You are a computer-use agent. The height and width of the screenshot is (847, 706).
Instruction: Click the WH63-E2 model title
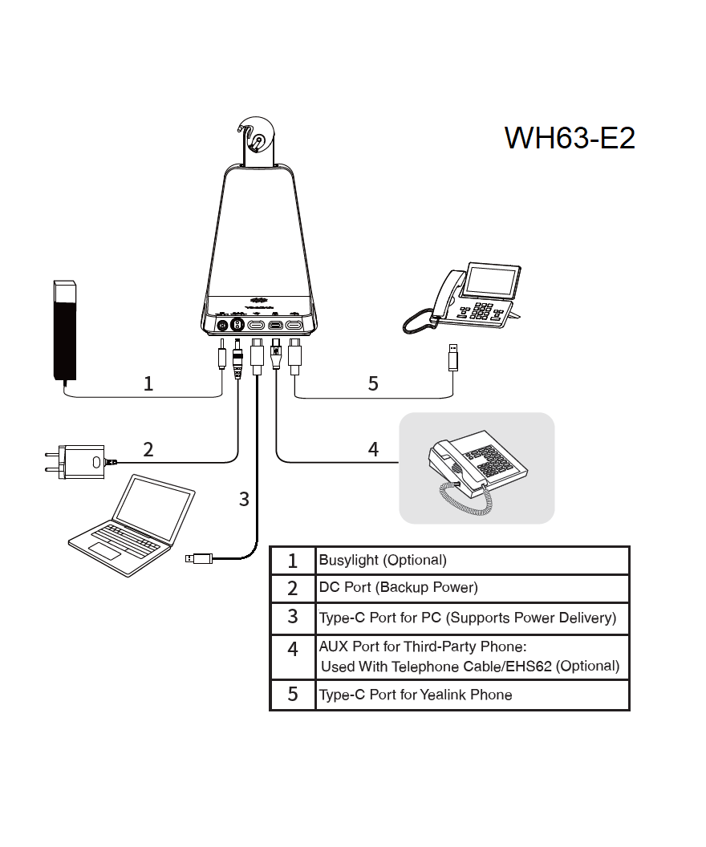[x=570, y=138]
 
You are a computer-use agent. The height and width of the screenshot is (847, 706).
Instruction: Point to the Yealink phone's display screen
[x=491, y=280]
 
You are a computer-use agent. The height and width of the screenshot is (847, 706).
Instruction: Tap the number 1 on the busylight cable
[x=148, y=383]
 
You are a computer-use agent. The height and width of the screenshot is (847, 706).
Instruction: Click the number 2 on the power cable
[x=148, y=449]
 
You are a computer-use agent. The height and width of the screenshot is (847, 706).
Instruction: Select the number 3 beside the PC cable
[x=244, y=499]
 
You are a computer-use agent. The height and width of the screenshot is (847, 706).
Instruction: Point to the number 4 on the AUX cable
[x=372, y=449]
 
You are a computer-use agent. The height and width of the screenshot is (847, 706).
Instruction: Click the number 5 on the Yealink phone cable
[x=372, y=383]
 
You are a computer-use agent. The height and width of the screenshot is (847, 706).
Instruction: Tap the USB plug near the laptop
[x=199, y=557]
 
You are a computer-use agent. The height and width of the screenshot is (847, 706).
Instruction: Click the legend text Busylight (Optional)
[x=383, y=560]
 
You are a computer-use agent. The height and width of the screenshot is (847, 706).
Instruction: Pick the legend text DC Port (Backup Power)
[x=398, y=587]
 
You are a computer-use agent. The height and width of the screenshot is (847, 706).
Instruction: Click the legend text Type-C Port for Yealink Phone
[x=415, y=695]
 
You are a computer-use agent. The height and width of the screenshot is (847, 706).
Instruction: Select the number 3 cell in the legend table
[x=293, y=617]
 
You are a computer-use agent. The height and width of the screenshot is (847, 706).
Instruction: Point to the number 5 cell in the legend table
[x=293, y=695]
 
